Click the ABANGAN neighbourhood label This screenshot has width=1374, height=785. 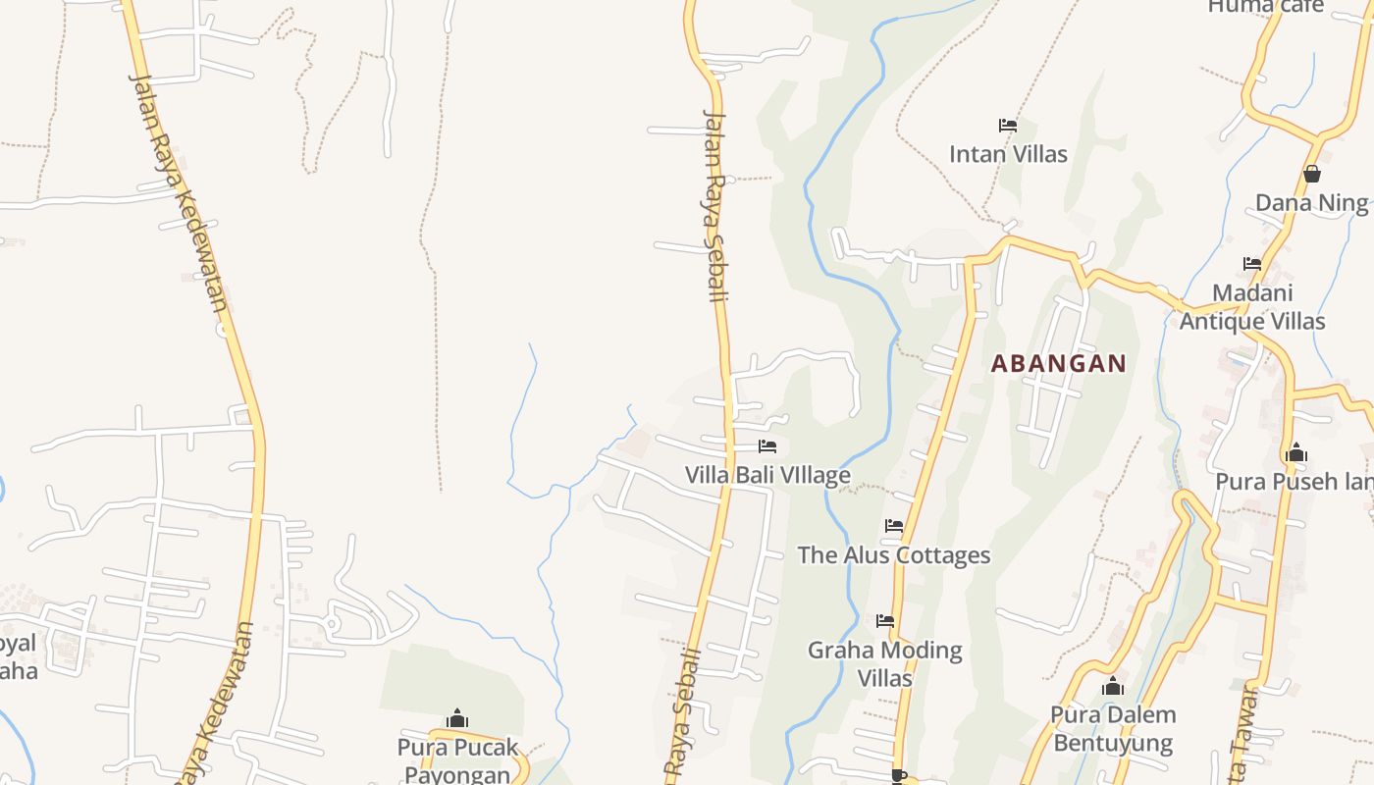[1058, 364]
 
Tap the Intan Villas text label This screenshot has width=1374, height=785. [1008, 154]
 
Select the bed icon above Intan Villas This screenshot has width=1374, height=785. [1008, 126]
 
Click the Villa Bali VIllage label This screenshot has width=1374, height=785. [767, 476]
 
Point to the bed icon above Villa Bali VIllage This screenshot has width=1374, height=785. [767, 446]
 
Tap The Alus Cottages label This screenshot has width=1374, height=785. [893, 555]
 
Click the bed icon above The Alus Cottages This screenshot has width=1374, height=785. [893, 526]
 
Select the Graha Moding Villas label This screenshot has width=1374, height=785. [884, 663]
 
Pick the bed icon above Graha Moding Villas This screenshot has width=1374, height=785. [884, 621]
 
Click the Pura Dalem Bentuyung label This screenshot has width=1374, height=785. [1113, 728]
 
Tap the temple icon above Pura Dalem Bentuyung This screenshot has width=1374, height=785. [1113, 687]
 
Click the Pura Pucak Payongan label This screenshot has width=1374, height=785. [457, 760]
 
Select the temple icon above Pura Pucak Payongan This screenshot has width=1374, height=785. [457, 719]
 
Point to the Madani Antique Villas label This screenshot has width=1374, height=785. [1252, 307]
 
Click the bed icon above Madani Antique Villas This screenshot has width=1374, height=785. [1252, 264]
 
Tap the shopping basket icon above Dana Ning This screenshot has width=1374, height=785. [1312, 175]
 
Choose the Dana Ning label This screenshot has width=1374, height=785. [1311, 203]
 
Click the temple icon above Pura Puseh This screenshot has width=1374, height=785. [1296, 453]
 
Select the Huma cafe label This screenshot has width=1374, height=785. [1265, 7]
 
